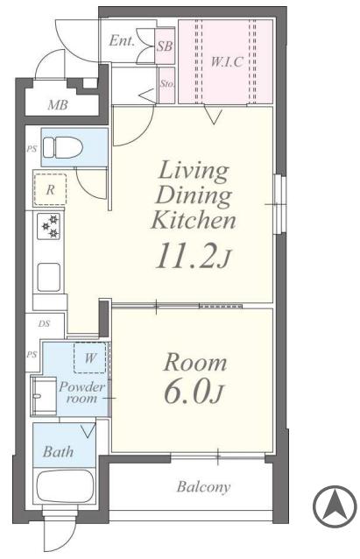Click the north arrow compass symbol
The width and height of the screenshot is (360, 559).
(x=335, y=506)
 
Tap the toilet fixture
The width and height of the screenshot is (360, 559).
(x=62, y=147)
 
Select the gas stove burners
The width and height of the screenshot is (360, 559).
(x=49, y=226)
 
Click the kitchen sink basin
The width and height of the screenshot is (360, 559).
(x=49, y=278)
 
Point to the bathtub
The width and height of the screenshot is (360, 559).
(x=65, y=485)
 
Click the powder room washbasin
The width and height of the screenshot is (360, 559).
(x=44, y=396)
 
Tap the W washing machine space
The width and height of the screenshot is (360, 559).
(x=90, y=357)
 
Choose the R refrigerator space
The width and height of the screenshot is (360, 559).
(x=50, y=189)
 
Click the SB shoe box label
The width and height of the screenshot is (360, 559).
(x=165, y=46)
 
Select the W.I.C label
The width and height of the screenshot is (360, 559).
(x=227, y=61)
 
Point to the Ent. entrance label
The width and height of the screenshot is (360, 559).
(x=122, y=40)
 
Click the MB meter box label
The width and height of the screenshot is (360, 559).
(x=58, y=105)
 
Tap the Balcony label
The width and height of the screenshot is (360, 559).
(x=203, y=487)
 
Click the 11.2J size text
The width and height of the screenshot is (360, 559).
(x=194, y=255)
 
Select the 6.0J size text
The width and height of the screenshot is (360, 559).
(x=194, y=393)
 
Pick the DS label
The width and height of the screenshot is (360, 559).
(x=44, y=323)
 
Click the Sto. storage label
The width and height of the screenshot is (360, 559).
(x=166, y=84)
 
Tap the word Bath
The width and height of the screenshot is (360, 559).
(x=58, y=452)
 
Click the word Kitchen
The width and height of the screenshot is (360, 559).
(x=194, y=220)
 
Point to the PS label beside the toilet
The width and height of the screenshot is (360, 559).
(x=32, y=149)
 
